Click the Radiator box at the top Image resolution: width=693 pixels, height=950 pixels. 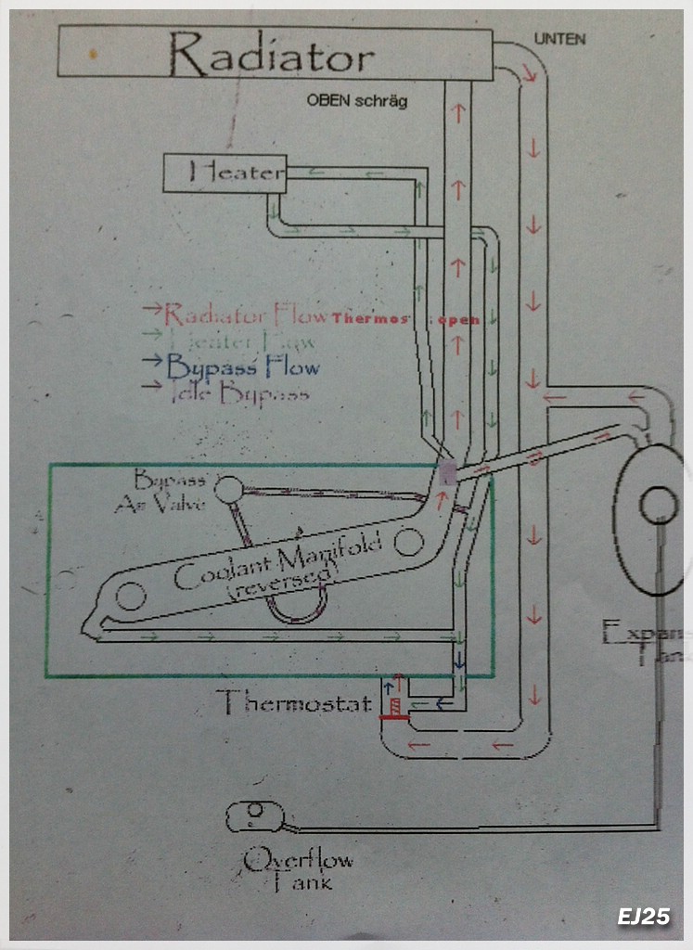pyautogui.click(x=275, y=53)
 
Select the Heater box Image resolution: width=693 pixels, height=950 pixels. pyautogui.click(x=225, y=173)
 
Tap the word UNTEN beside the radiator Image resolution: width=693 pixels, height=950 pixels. pyautogui.click(x=559, y=39)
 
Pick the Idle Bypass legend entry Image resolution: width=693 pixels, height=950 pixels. pyautogui.click(x=237, y=392)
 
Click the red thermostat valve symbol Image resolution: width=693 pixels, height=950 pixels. pyautogui.click(x=393, y=715)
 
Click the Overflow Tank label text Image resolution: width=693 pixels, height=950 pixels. pyautogui.click(x=297, y=870)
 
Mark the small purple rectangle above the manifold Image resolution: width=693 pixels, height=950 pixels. pyautogui.click(x=448, y=473)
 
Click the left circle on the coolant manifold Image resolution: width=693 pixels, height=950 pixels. pyautogui.click(x=130, y=594)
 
